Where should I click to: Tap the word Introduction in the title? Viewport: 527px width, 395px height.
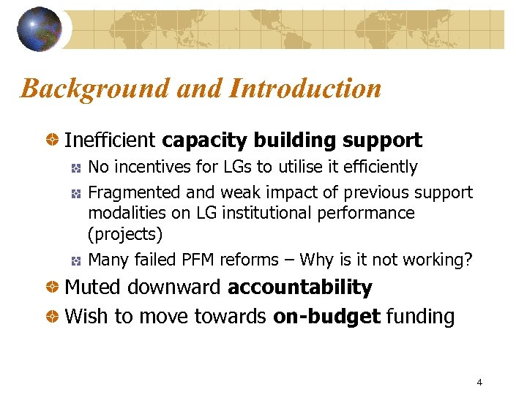pyautogui.click(x=305, y=89)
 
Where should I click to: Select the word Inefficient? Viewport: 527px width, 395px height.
pyautogui.click(x=111, y=140)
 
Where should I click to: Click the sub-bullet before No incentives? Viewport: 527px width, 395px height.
pyautogui.click(x=75, y=168)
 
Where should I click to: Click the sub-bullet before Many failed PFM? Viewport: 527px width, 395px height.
pyautogui.click(x=75, y=260)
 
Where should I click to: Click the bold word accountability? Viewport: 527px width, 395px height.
pyautogui.click(x=300, y=287)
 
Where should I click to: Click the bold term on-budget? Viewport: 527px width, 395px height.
pyautogui.click(x=326, y=317)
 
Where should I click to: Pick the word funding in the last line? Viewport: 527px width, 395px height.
pyautogui.click(x=420, y=317)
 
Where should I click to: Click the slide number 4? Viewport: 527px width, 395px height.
pyautogui.click(x=479, y=382)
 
